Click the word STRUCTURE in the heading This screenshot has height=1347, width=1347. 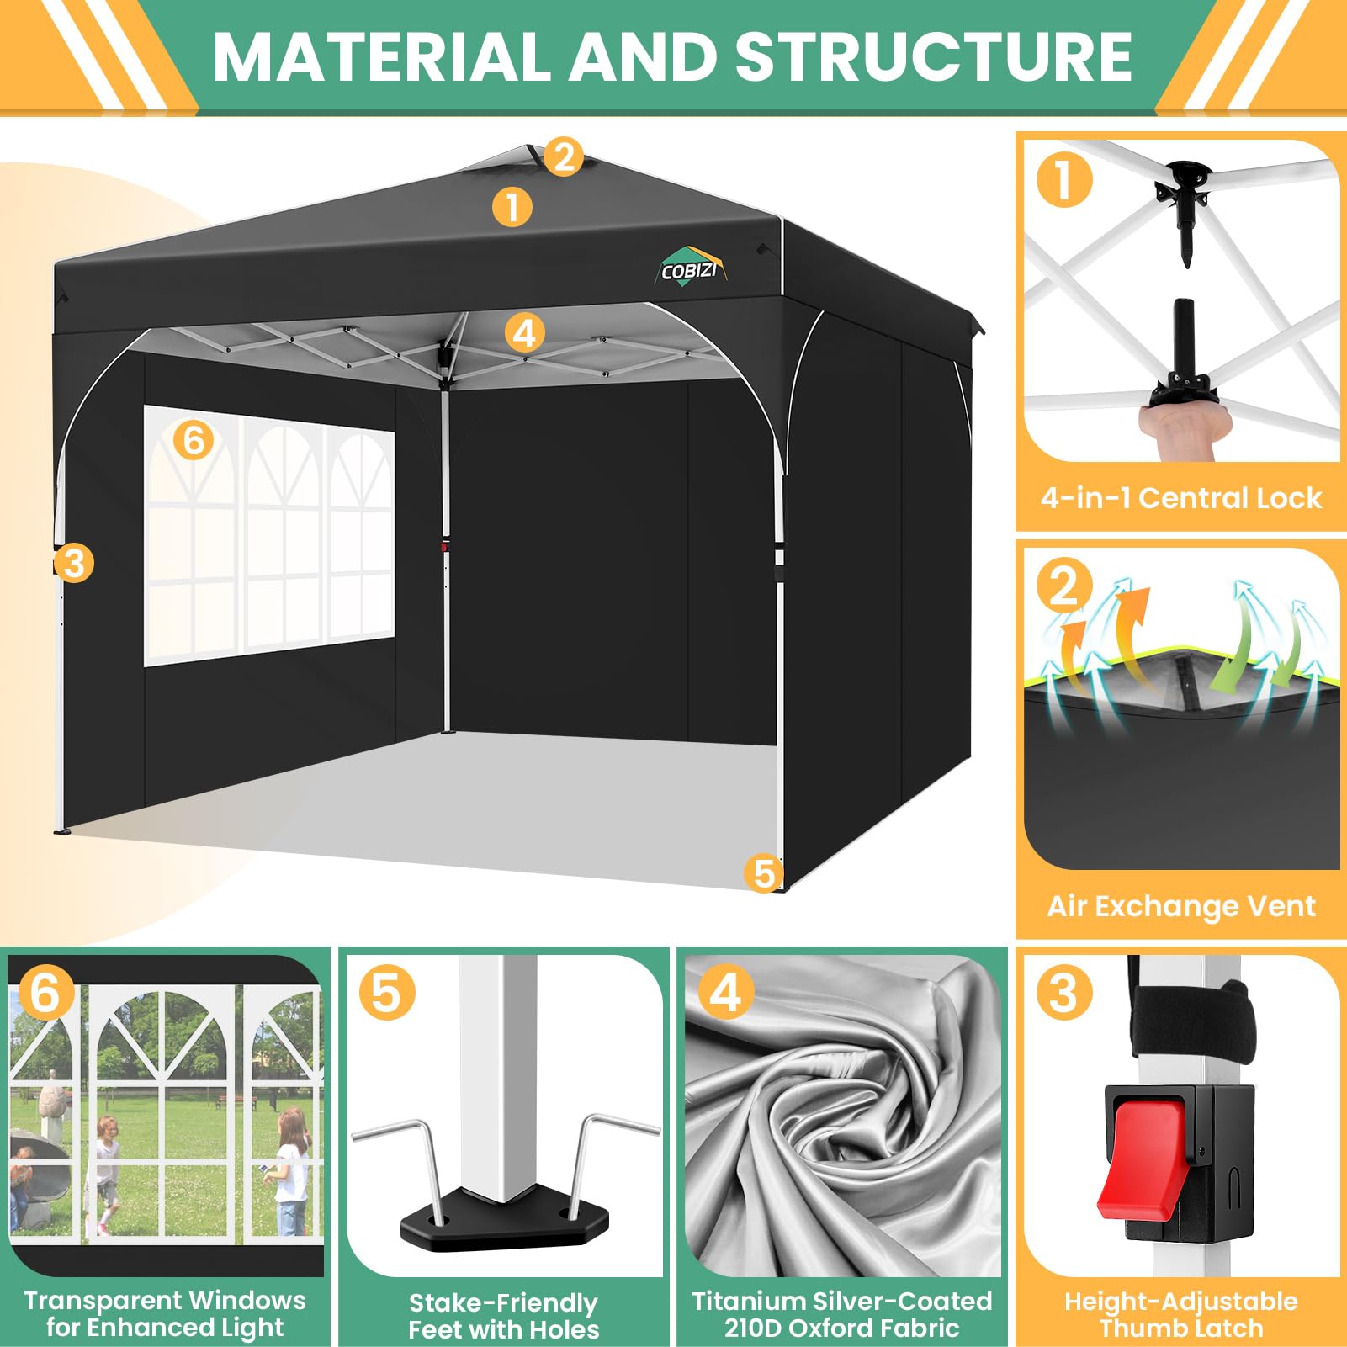[x=934, y=56]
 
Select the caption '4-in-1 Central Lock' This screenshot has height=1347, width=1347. [x=1180, y=498]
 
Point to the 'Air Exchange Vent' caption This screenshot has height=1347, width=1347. [x=1180, y=906]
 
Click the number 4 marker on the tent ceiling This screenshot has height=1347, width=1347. [x=524, y=333]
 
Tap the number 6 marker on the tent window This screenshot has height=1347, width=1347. [x=194, y=439]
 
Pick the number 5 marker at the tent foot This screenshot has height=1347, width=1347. [x=764, y=873]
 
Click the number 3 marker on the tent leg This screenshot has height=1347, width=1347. [x=74, y=563]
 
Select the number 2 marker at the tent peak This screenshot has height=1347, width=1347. [x=564, y=157]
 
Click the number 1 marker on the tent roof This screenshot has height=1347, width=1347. [x=512, y=207]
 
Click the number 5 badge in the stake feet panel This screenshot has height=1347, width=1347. [x=387, y=992]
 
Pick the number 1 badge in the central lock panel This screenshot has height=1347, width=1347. [x=1064, y=179]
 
